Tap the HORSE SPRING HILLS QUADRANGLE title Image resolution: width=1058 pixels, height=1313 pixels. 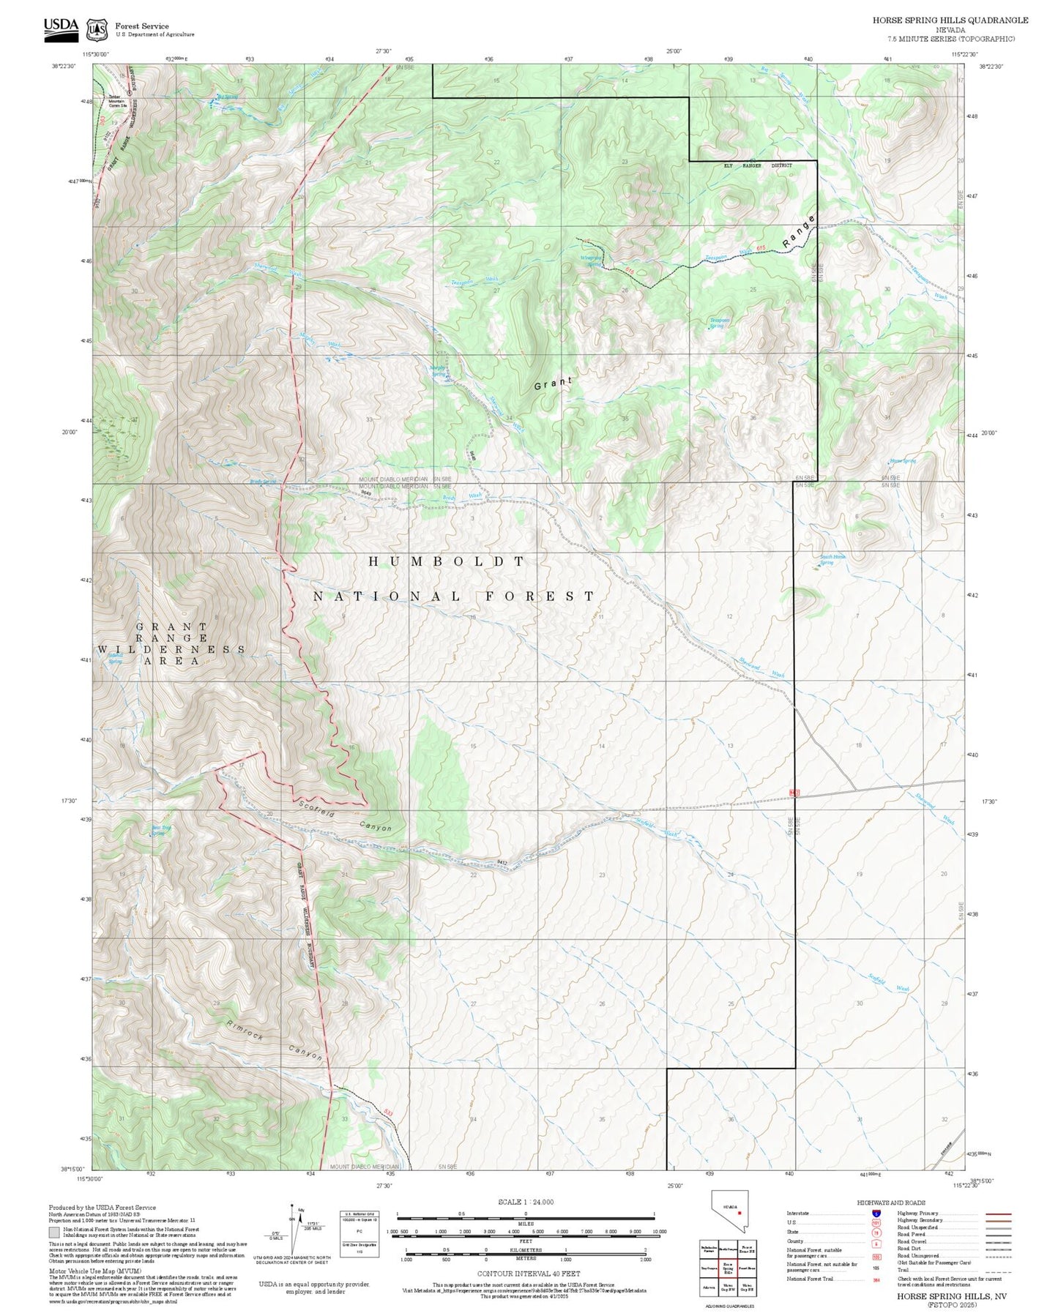[950, 20]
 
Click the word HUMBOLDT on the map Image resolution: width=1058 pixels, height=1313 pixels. [447, 561]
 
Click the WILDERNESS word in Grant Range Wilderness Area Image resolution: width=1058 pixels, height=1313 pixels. [172, 649]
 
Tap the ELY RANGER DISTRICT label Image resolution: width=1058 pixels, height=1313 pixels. [758, 165]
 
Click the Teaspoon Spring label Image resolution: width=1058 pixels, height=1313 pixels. [720, 322]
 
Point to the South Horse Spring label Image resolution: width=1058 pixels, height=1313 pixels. [832, 559]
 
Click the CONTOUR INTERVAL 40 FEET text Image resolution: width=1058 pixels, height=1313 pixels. [528, 1273]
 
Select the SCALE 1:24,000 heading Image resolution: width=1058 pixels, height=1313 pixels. [525, 1202]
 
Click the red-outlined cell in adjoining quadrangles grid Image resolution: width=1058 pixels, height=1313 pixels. [728, 1267]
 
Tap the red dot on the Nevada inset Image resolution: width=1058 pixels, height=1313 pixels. [740, 1212]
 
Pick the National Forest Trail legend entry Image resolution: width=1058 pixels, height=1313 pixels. [811, 1279]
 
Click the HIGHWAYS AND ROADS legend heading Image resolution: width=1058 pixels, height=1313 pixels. [890, 1202]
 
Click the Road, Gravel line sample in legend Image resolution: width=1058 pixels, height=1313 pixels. [998, 1242]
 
